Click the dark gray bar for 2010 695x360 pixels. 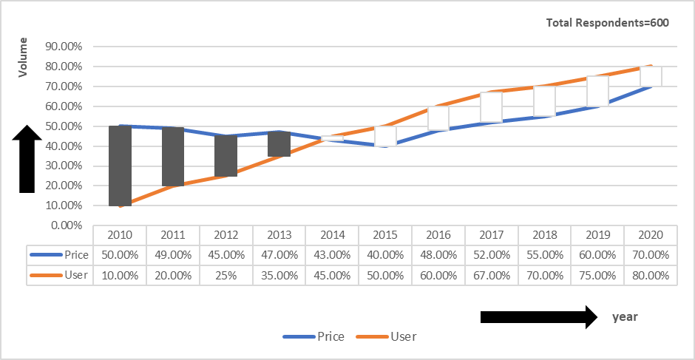pos(120,166)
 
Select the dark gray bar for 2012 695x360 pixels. pos(226,156)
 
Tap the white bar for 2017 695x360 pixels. pos(492,107)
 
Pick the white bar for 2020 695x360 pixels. pos(651,76)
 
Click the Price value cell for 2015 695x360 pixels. pos(385,255)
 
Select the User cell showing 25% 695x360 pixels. pos(226,275)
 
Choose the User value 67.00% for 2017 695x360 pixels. pos(492,275)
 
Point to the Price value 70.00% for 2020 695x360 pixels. pos(651,255)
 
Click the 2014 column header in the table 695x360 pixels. pos(332,235)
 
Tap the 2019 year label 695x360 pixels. pos(597,235)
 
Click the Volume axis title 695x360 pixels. pos(23,57)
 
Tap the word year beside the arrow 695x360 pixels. pos(625,316)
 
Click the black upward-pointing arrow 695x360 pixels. pos(27,159)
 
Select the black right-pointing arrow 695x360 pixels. pos(538,317)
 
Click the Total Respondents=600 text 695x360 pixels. pos(607,23)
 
